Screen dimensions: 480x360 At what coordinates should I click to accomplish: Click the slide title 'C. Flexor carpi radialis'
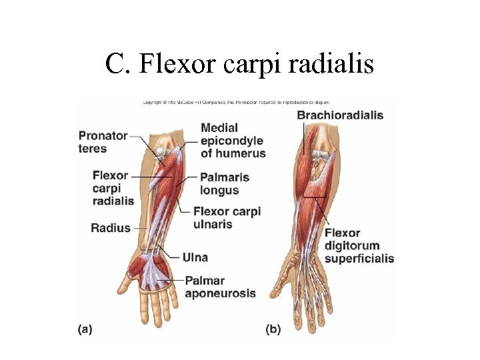pos(239,64)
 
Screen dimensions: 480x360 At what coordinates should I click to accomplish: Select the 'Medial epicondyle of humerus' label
pos(233,140)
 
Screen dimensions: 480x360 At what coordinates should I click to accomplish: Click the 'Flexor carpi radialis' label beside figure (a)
pos(113,187)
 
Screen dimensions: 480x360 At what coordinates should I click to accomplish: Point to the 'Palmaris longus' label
pos(224,183)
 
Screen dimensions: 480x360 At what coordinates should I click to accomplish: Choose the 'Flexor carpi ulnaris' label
pos(227,217)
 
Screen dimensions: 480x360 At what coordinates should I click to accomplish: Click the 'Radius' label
pos(110,228)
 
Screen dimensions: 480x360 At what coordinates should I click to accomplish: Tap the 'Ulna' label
pos(195,257)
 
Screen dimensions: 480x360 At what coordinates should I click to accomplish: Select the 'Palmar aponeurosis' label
pos(220,287)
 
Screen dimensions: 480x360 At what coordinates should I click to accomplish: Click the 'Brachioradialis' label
pos(340,115)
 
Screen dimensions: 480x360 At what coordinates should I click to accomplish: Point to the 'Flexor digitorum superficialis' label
pos(359,245)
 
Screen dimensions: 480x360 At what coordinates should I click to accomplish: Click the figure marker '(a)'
pos(85,328)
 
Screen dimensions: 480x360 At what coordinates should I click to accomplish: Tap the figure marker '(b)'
pos(273,328)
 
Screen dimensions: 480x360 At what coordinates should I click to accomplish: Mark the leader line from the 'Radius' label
pos(141,228)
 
